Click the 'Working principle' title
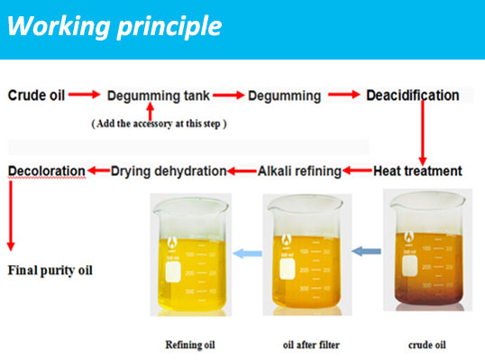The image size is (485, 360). click(114, 26)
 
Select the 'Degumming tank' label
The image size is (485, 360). click(159, 96)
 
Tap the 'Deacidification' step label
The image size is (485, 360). click(412, 95)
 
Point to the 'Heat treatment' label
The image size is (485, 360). click(417, 171)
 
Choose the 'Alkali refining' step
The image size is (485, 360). click(300, 171)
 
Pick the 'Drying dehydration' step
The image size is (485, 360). click(168, 171)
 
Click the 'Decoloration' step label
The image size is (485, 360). click(47, 171)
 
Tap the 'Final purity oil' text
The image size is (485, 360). click(50, 269)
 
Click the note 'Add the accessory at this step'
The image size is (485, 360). click(159, 124)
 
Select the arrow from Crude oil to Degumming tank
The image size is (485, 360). click(85, 95)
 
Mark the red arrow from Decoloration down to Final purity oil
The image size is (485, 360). click(11, 213)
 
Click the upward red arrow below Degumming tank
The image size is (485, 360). click(163, 112)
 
